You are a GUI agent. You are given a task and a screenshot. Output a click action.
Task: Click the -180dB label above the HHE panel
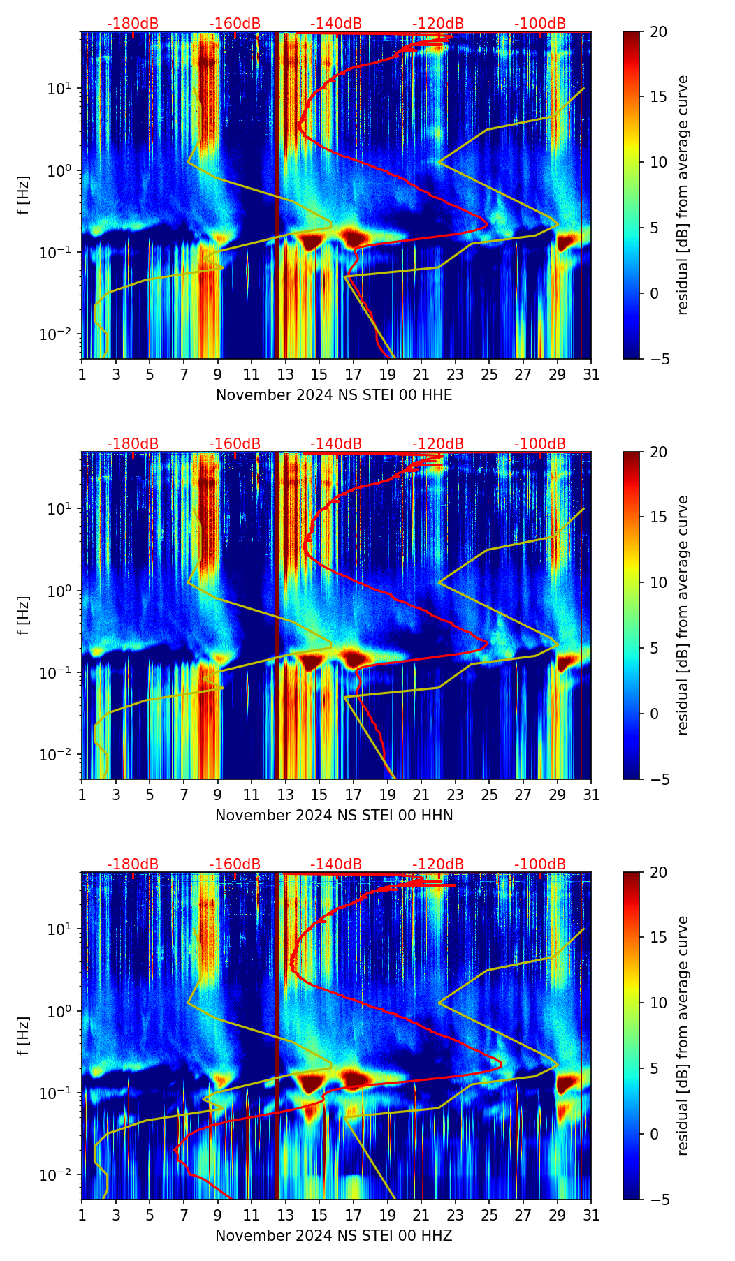(x=133, y=24)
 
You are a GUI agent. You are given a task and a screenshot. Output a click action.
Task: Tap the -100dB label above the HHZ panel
(x=540, y=864)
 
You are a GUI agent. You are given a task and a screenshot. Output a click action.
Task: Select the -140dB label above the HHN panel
(x=336, y=444)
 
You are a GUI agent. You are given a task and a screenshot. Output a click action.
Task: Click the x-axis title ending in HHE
(x=334, y=395)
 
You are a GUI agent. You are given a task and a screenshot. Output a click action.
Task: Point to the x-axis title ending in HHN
(x=334, y=816)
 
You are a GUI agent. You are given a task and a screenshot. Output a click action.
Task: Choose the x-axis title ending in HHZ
(x=334, y=1236)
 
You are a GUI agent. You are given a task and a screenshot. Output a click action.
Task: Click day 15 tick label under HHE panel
(x=319, y=375)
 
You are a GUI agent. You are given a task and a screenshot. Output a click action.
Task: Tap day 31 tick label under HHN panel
(x=591, y=795)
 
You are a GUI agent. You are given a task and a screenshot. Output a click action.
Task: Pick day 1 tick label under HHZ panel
(x=82, y=1216)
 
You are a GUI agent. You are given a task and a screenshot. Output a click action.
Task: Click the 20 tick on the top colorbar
(x=657, y=32)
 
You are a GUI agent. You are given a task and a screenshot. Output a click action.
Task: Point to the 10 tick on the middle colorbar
(x=657, y=582)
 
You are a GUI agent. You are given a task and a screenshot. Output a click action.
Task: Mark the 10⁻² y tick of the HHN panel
(x=61, y=755)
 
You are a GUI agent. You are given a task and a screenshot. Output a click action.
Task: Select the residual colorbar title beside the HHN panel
(x=683, y=615)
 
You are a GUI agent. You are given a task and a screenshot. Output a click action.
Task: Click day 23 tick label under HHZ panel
(x=456, y=1216)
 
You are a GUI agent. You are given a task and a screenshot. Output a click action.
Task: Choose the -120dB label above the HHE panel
(x=438, y=24)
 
